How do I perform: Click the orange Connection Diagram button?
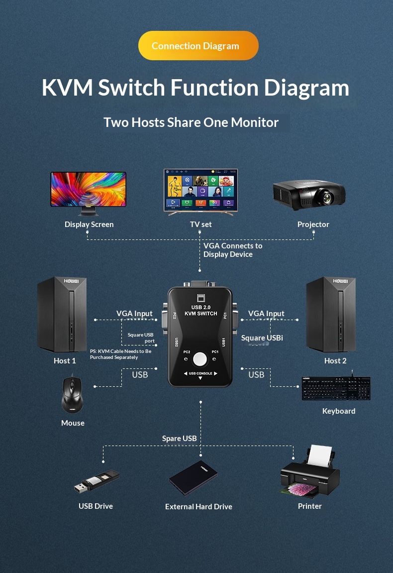tap(198, 46)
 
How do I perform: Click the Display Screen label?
tap(89, 225)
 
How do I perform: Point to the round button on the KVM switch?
tap(200, 359)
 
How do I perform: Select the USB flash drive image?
tap(97, 481)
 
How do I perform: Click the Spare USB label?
tap(180, 439)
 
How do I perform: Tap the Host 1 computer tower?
tap(62, 315)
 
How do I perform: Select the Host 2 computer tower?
tap(331, 315)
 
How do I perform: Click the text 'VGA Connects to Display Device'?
tap(232, 250)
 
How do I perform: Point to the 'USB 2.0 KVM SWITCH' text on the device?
tap(200, 310)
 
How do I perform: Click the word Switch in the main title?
tap(131, 88)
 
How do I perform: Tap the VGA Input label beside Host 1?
tap(134, 314)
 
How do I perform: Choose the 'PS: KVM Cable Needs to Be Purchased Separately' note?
tap(120, 354)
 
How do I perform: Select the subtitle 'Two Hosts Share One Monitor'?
tap(191, 122)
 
